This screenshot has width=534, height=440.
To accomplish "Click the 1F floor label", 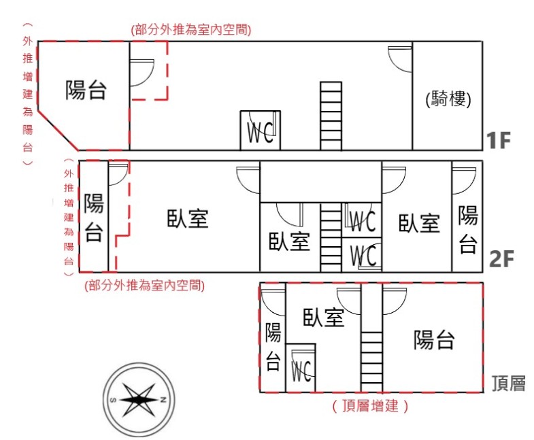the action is (498, 140).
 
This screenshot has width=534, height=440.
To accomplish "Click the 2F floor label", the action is (501, 259).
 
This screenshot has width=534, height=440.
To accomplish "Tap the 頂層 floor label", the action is (508, 383).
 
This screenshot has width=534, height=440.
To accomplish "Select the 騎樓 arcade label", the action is (448, 99).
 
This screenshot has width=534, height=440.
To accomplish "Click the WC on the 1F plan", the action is (260, 132).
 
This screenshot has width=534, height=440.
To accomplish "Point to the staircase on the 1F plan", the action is (331, 116).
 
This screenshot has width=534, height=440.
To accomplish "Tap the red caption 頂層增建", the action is (370, 405).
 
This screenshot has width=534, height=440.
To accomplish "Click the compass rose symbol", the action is (139, 400).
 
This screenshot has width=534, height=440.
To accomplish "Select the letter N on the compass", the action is (163, 400).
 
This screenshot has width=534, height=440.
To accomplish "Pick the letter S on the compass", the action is (114, 400).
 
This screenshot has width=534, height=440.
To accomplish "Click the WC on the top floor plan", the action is (301, 371).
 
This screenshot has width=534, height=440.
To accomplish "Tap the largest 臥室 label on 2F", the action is (187, 218).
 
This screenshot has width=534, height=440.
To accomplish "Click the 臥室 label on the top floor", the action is (323, 318).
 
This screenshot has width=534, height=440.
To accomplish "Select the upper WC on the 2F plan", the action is (363, 221).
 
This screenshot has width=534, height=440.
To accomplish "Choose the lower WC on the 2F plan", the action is (363, 255).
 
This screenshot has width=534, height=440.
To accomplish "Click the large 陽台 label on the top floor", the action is (434, 339).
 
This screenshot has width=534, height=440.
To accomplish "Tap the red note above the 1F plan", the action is (191, 30).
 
